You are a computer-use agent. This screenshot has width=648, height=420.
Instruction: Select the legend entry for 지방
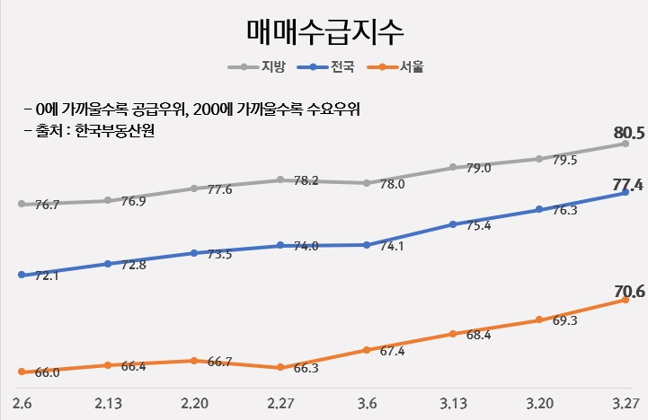click(x=268, y=66)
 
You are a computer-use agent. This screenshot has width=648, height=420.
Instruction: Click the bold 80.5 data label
click(x=629, y=134)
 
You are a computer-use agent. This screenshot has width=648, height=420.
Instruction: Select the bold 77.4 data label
click(x=627, y=185)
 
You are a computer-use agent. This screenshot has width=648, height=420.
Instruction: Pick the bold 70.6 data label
click(x=629, y=291)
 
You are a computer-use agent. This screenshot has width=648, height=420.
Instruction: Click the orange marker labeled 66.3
click(x=281, y=367)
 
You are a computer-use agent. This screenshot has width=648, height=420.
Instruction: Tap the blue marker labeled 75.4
click(x=454, y=224)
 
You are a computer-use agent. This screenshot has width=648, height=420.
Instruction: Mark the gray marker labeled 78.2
click(x=281, y=179)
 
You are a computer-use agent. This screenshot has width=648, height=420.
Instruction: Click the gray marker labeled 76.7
click(x=22, y=204)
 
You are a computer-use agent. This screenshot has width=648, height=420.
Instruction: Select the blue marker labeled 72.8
click(x=108, y=264)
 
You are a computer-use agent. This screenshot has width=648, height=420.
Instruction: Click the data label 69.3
click(x=564, y=320)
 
